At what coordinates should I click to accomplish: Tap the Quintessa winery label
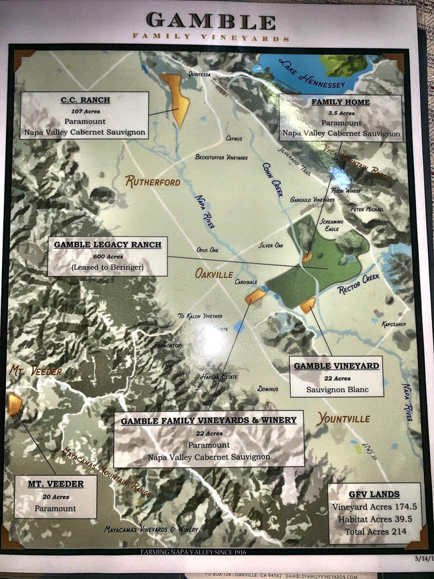coord(199,75)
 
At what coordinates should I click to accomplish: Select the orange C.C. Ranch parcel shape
coord(176,99)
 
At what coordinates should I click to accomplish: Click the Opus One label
coord(207,250)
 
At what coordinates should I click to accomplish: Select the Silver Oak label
coord(270,245)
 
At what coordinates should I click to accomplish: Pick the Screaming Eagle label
coord(332,225)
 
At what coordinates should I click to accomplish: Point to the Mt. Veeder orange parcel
coord(15,403)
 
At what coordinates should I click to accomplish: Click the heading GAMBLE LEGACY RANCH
coord(107,245)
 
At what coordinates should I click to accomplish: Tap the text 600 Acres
coord(107,257)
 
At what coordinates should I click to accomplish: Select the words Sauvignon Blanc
coord(337,389)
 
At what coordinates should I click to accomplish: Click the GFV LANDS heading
coord(374,494)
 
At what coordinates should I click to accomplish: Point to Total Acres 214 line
coord(374,531)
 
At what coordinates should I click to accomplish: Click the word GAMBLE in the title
coord(211,21)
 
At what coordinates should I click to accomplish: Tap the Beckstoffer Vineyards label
coord(221,158)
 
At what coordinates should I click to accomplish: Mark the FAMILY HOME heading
coord(341,102)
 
